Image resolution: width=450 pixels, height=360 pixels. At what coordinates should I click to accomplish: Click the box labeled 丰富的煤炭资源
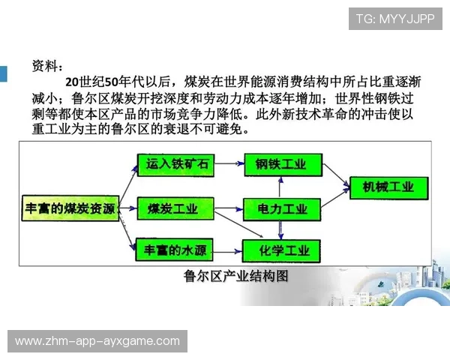pyautogui.click(x=67, y=208)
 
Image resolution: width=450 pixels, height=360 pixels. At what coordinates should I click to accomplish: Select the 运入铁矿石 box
pyautogui.click(x=172, y=163)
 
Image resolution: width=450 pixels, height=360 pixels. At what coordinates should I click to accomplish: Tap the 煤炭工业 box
pyautogui.click(x=172, y=208)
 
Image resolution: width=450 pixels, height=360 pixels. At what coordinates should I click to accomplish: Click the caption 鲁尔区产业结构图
pyautogui.click(x=236, y=277)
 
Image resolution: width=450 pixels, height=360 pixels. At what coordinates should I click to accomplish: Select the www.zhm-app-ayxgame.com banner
pyautogui.click(x=97, y=341)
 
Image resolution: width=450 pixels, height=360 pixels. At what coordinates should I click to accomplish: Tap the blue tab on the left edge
pyautogui.click(x=3, y=73)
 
